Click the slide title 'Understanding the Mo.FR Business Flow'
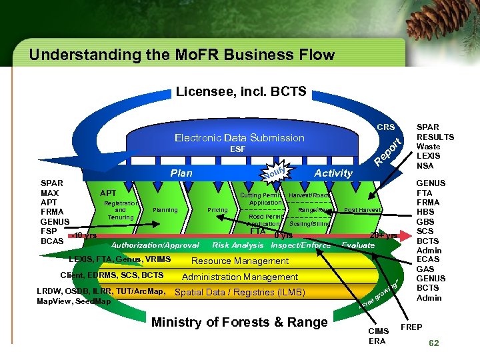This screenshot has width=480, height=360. click(181, 55)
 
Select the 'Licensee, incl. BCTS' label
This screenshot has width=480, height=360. click(241, 91)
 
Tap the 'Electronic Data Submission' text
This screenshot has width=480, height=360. click(239, 138)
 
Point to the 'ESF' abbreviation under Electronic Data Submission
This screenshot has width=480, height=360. click(237, 149)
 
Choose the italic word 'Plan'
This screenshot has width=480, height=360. click(181, 173)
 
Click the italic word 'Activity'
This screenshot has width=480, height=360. click(333, 173)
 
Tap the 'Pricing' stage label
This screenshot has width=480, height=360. click(217, 210)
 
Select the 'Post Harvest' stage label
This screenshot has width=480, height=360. click(362, 210)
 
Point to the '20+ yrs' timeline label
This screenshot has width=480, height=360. click(384, 235)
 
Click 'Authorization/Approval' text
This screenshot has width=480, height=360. click(155, 245)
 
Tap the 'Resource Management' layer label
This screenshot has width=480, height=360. click(240, 261)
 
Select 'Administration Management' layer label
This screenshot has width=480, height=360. click(240, 277)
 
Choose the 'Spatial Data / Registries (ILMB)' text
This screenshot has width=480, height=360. click(239, 292)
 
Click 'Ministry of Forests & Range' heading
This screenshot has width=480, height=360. click(240, 323)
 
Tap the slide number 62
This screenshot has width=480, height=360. click(433, 343)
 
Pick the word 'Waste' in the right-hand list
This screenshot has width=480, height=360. click(428, 147)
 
